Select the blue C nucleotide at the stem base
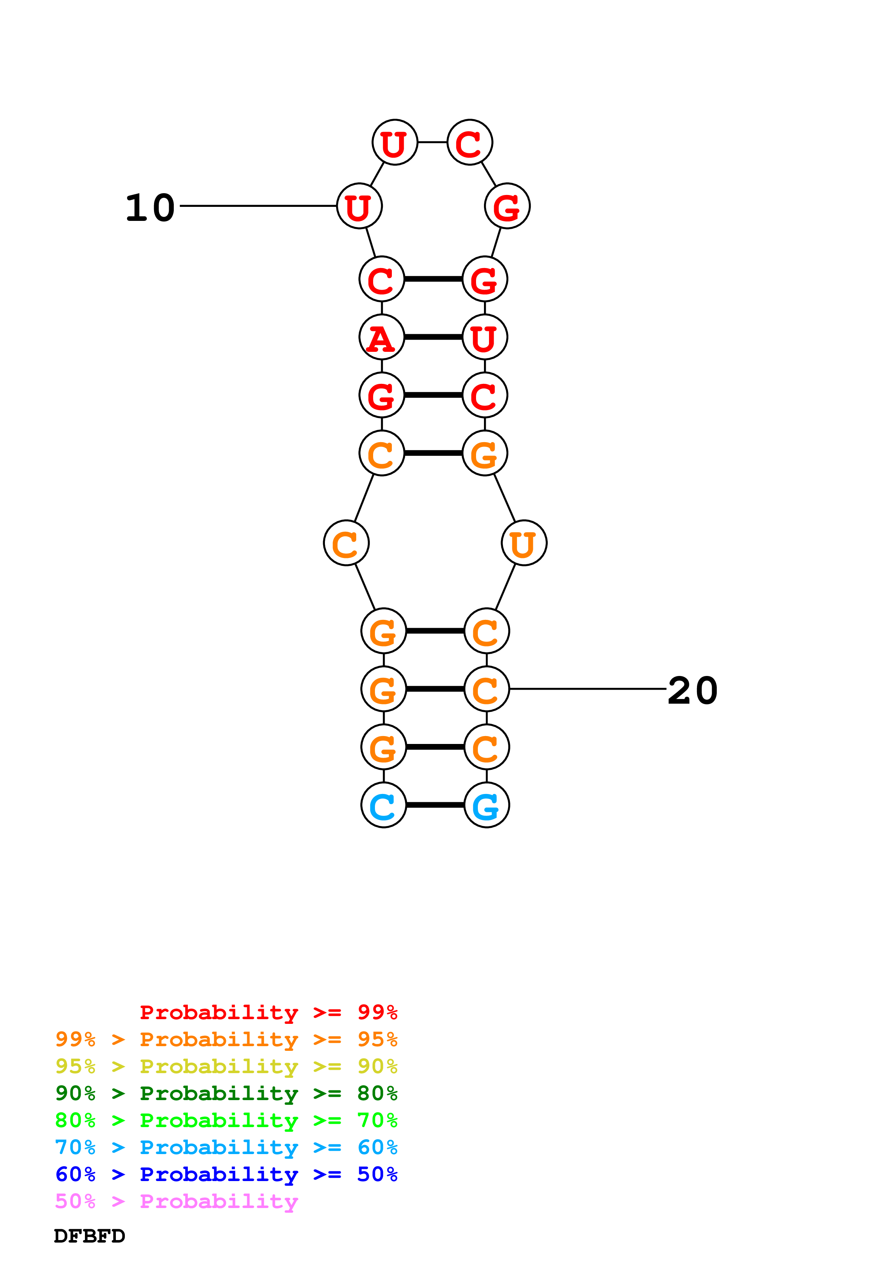[x=384, y=805]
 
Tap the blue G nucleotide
[x=486, y=805]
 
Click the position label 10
[x=150, y=208]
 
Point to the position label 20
[x=693, y=691]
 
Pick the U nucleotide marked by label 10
[x=359, y=206]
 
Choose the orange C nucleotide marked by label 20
[x=486, y=689]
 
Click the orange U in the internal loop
[x=524, y=543]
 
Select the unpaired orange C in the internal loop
[x=346, y=543]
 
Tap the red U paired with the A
[x=485, y=337]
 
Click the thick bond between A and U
[x=433, y=337]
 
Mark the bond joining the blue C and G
[x=435, y=805]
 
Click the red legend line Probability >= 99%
[x=269, y=1012]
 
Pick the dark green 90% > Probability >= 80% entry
[x=226, y=1093]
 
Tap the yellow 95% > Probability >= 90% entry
[x=226, y=1066]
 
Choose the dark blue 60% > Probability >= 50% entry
[x=226, y=1174]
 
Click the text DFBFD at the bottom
[x=90, y=1236]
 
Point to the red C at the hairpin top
[x=470, y=142]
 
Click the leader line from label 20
[x=588, y=689]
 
